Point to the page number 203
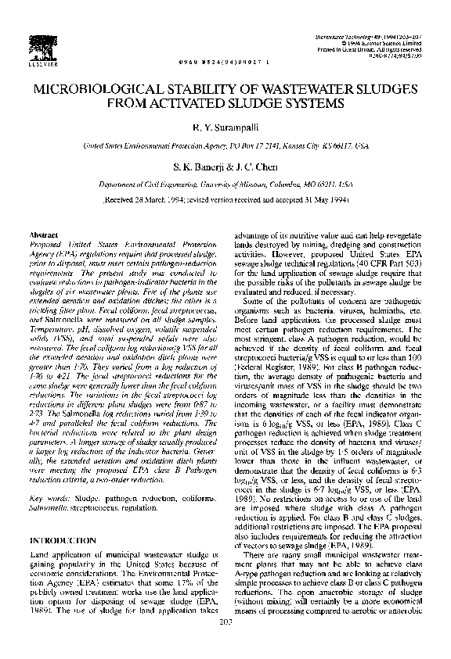point(225,643)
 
